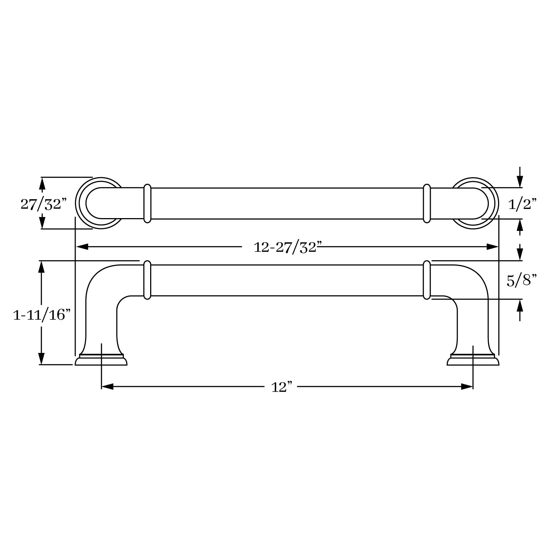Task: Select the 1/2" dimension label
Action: [x=522, y=204]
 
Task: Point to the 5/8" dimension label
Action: [x=522, y=281]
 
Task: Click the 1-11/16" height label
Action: [x=41, y=314]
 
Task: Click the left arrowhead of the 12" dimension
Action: [x=107, y=387]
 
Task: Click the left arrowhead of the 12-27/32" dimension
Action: [x=81, y=247]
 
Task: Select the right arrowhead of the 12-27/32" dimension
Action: [x=492, y=247]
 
